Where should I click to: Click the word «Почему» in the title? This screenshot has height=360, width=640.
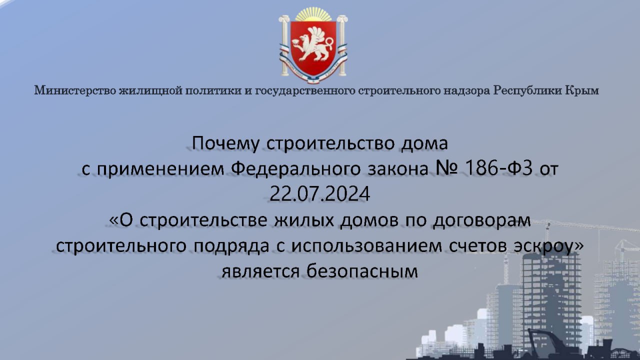[x=225, y=143]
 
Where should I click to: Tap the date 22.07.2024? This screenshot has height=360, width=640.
[x=319, y=193]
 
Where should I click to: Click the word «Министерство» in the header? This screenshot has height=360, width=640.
[x=75, y=90]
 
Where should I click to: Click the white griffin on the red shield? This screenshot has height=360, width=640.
[x=312, y=44]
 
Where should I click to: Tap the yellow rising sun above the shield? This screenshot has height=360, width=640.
[x=313, y=14]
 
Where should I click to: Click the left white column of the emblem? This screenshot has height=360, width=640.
[x=284, y=45]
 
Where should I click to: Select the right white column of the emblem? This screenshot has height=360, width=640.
[x=342, y=45]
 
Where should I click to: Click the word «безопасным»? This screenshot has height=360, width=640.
[x=362, y=271]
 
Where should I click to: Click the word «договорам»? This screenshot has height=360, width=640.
[x=481, y=221]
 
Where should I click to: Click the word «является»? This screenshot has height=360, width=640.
[x=260, y=271]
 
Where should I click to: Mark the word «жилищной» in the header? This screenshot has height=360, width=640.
[x=150, y=90]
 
